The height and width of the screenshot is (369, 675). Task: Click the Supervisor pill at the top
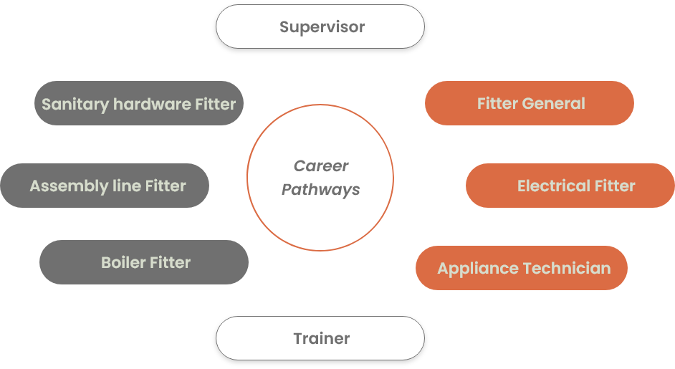[320, 27]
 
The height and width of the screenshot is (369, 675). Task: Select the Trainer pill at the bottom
[320, 338]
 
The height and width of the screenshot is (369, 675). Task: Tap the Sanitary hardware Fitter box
[139, 104]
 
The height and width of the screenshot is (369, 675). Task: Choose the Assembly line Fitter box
[105, 186]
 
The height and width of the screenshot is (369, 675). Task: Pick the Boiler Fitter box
[144, 262]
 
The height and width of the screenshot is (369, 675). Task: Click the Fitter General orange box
[530, 104]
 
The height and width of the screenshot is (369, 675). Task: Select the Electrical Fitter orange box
[570, 186]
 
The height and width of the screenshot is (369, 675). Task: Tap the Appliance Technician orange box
[522, 269]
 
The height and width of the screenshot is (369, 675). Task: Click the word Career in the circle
[321, 166]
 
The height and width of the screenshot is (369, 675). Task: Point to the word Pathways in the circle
[320, 190]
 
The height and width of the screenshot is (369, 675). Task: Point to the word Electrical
[549, 186]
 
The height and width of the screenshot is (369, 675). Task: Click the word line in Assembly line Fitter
[123, 186]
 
